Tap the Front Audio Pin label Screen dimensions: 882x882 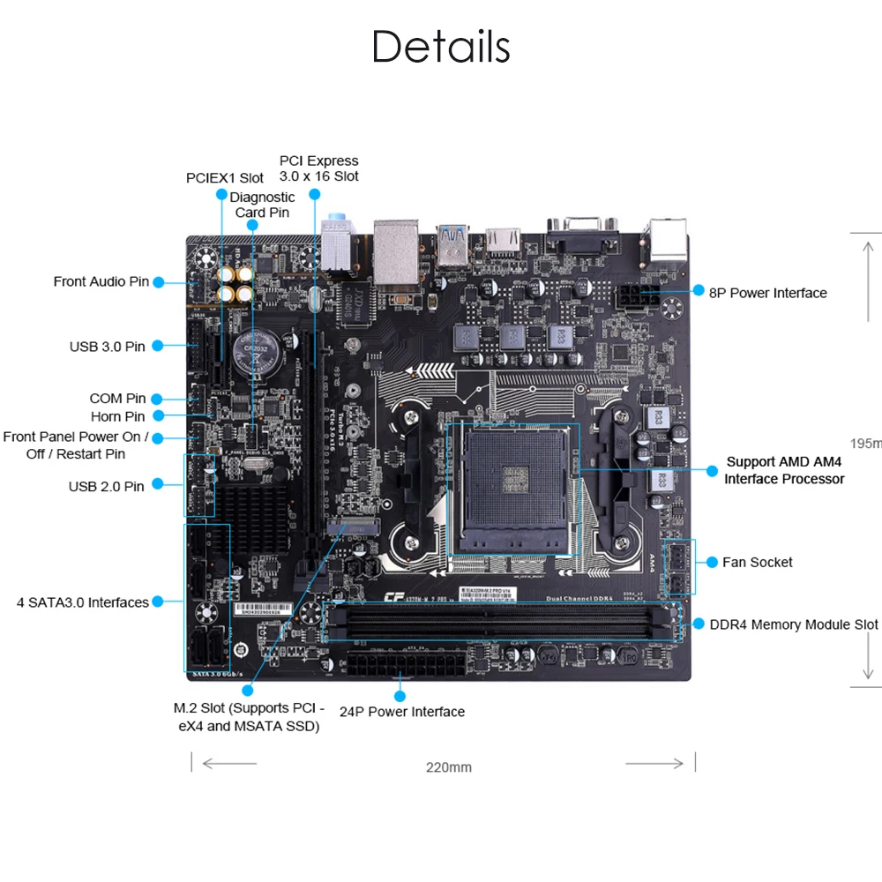101,281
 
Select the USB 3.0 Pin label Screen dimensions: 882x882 108,347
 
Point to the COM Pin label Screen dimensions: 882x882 117,399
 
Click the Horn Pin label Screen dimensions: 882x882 117,416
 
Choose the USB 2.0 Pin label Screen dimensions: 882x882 106,486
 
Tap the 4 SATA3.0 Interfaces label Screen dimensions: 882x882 83,602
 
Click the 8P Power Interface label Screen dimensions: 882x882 768,292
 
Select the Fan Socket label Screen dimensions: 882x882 757,562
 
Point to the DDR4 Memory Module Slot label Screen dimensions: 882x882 794,624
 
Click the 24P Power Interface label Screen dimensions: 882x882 402,712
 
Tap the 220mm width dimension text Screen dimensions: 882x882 449,766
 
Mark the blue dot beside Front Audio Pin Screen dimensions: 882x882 158,282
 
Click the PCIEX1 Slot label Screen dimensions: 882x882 225,178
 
